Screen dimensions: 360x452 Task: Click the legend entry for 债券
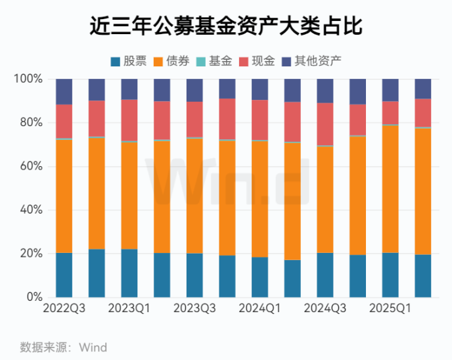click(171, 62)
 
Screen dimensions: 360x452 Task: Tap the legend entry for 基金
click(214, 62)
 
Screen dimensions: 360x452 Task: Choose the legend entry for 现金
click(256, 62)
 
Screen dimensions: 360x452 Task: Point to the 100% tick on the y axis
click(28, 79)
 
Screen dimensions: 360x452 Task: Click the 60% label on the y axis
click(31, 166)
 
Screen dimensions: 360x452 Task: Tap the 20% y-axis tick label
click(31, 254)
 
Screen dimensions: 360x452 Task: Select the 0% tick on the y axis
click(34, 298)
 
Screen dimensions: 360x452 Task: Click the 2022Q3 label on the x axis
click(64, 308)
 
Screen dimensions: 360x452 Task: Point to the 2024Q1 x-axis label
click(260, 308)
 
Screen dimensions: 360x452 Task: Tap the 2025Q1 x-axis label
click(390, 308)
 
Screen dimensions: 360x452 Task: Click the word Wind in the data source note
click(93, 347)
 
